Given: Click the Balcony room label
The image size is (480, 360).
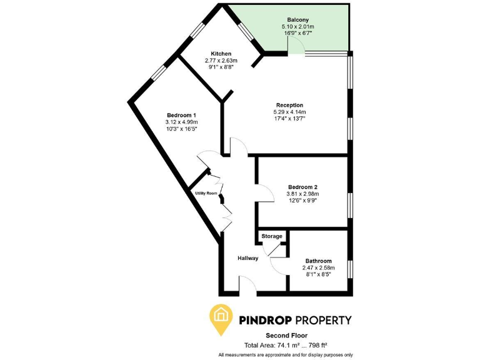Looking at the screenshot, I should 298,20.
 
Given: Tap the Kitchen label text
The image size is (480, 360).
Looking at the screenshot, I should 221,54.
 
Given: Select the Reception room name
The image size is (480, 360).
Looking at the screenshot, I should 289,105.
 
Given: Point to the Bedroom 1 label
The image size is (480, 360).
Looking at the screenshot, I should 182,115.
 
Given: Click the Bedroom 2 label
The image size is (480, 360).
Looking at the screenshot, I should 303,187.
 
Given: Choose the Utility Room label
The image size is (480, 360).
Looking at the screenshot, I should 206,194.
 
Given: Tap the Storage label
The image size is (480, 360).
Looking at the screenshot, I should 272,236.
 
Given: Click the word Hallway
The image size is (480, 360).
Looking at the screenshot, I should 248,258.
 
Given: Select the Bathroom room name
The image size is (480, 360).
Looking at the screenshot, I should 319,261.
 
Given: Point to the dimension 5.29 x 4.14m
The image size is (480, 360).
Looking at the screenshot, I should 289,112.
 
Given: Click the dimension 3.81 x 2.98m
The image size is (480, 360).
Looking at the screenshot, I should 303,194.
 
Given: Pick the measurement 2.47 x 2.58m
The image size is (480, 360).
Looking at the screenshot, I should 319,267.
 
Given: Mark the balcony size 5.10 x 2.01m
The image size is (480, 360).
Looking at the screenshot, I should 298,27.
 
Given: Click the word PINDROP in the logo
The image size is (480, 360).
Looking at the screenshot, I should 269,320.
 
